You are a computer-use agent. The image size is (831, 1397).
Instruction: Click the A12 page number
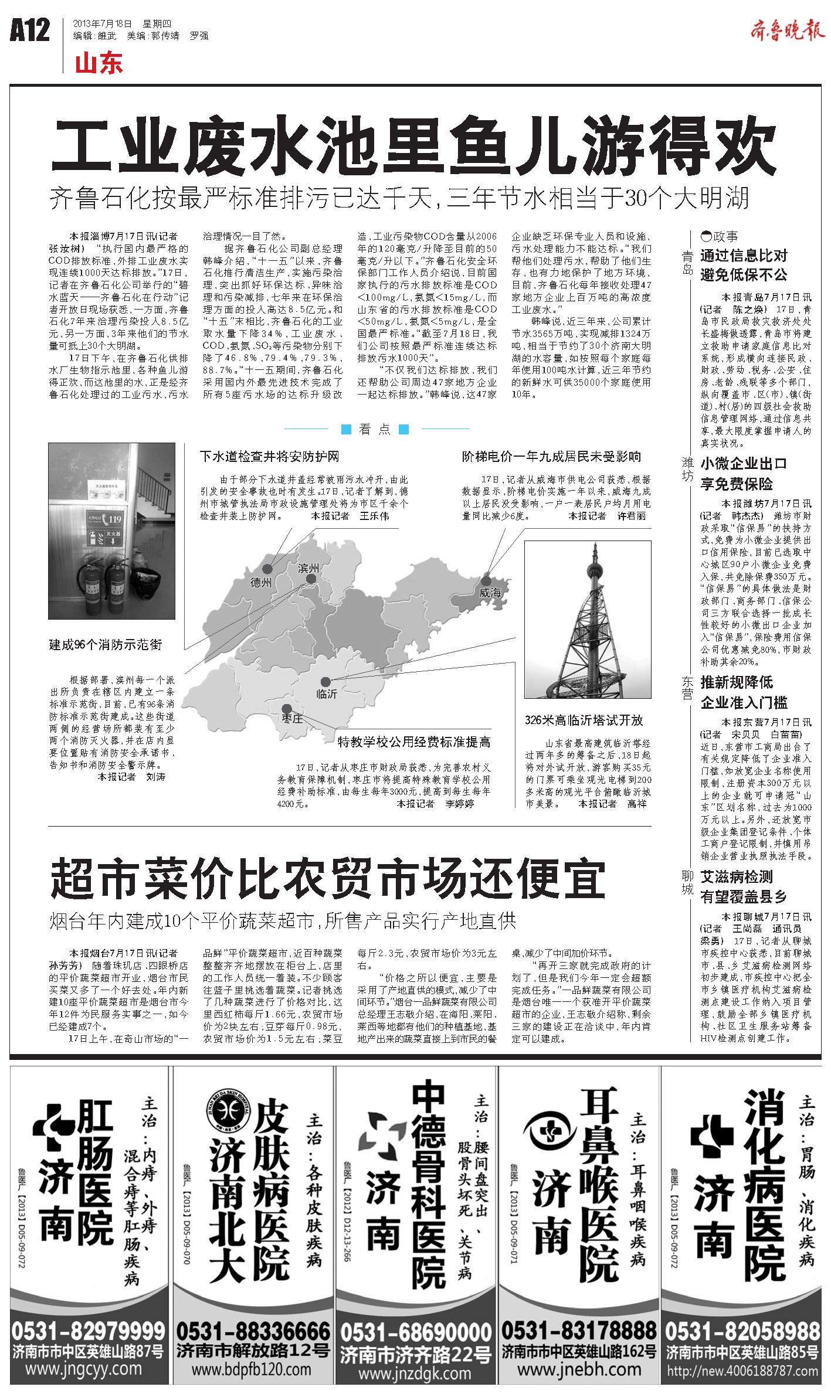pyautogui.click(x=30, y=30)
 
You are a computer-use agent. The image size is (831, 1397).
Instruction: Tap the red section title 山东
pyautogui.click(x=99, y=63)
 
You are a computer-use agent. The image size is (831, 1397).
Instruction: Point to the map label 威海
pyautogui.click(x=490, y=593)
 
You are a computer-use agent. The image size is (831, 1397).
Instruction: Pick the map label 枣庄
pyautogui.click(x=291, y=719)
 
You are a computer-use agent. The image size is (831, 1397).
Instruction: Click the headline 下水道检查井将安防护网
pyautogui.click(x=269, y=456)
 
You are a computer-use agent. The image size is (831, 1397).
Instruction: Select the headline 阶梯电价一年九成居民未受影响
pyautogui.click(x=551, y=456)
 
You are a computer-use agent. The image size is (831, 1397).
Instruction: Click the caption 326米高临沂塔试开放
pyautogui.click(x=584, y=720)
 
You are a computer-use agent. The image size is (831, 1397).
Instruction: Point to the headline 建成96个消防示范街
pyautogui.click(x=106, y=645)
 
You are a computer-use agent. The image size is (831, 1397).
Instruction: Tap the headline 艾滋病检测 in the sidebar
pyautogui.click(x=737, y=877)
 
